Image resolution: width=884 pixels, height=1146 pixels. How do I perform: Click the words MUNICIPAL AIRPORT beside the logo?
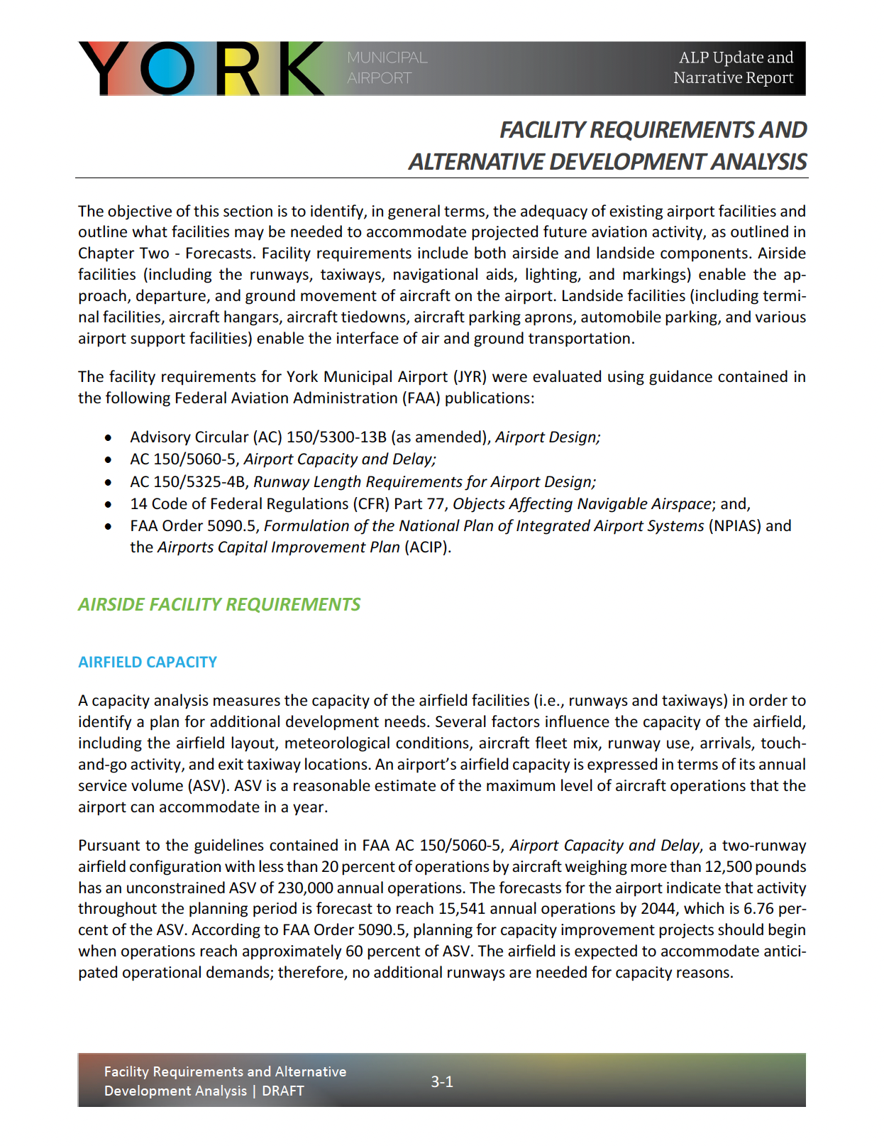[x=387, y=67]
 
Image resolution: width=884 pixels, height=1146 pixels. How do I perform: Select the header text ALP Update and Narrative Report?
[x=733, y=67]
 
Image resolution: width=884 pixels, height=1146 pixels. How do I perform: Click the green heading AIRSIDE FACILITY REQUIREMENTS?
[x=219, y=604]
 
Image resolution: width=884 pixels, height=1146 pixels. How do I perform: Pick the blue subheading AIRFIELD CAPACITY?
[x=148, y=662]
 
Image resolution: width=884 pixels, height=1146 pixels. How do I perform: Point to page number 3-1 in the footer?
[x=442, y=1081]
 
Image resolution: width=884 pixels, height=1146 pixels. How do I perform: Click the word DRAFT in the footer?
[x=283, y=1091]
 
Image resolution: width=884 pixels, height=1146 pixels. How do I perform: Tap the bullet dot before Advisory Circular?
[x=108, y=438]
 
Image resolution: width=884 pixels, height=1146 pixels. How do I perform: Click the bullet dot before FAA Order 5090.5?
[x=108, y=527]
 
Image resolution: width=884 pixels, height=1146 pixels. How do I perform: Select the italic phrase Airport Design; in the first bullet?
[x=548, y=437]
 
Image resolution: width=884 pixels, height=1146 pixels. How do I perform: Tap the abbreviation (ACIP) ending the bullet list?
[x=428, y=547]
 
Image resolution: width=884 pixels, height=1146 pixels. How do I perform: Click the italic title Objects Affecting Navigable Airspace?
[x=582, y=504]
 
